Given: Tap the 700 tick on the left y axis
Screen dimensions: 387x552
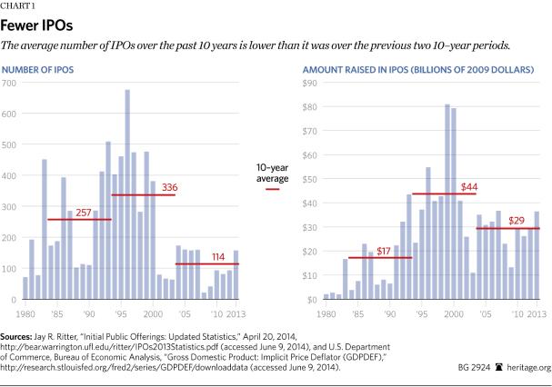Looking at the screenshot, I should point(10,84).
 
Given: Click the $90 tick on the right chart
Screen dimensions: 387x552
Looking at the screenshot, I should point(311,84).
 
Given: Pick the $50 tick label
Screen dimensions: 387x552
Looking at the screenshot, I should point(311,179).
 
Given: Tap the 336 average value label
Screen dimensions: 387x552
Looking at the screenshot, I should point(169,187).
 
